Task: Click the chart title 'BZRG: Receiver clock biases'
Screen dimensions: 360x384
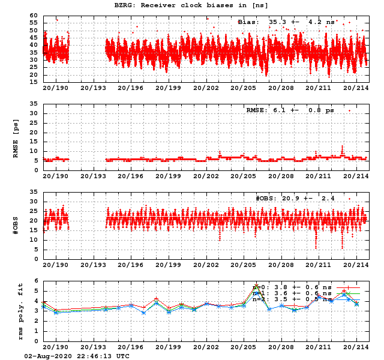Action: (x=191, y=5)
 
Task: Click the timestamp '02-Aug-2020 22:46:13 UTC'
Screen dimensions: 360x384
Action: (x=76, y=355)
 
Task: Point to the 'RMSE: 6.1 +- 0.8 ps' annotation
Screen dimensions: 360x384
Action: (x=287, y=110)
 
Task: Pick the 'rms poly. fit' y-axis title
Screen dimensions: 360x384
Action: (x=16, y=310)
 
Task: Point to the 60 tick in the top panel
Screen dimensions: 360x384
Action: (x=34, y=16)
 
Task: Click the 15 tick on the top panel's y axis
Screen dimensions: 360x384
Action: (x=34, y=82)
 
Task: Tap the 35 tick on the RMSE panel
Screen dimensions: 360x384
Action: (x=34, y=104)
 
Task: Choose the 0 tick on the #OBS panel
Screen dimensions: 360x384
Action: (x=35, y=259)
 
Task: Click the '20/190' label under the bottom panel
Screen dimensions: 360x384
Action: (x=55, y=347)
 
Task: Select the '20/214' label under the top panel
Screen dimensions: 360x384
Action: (x=356, y=88)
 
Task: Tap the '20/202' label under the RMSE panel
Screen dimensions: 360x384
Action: (x=206, y=176)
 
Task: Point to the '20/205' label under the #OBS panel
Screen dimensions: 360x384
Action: (x=244, y=265)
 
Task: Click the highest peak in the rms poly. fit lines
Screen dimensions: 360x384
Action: (x=257, y=286)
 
